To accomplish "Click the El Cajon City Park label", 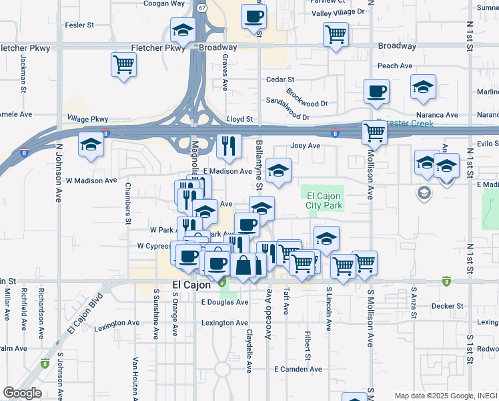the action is [324, 200].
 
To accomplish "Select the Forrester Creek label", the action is [405, 124].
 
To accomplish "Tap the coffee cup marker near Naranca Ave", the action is [376, 92].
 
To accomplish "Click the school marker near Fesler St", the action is [182, 31].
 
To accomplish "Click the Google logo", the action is [22, 393].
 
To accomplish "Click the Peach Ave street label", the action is [395, 65].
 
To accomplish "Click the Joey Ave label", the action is [306, 146].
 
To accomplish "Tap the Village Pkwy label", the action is [87, 118].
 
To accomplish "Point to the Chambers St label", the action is [127, 205].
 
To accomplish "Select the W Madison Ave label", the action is [91, 180].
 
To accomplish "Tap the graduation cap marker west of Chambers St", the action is [91, 146].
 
